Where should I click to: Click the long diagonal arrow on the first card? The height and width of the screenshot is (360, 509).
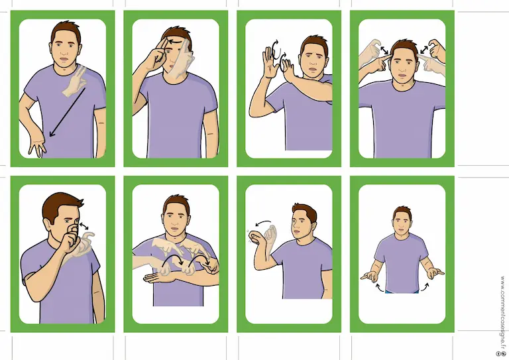click(x=68, y=112)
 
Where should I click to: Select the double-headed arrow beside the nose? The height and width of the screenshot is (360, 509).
click(x=84, y=225)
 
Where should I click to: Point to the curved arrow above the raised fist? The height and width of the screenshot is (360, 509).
click(x=263, y=222)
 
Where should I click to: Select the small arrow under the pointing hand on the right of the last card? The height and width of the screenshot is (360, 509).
click(x=425, y=287)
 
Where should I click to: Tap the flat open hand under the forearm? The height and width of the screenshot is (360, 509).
click(x=155, y=278)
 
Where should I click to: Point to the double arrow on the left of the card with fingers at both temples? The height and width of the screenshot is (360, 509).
click(x=384, y=50)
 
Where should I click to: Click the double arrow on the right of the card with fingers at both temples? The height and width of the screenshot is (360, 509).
click(x=424, y=49)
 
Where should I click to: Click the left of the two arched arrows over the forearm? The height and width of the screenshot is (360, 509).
click(x=172, y=259)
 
